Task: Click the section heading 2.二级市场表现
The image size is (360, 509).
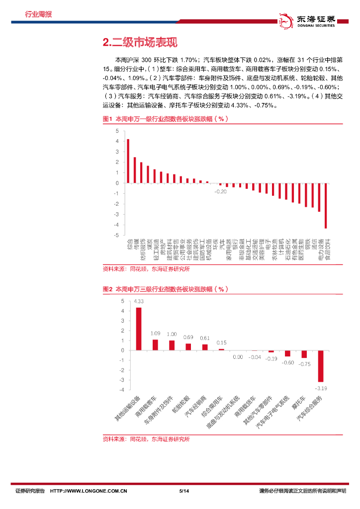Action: (140, 43)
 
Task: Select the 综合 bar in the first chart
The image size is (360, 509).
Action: (128, 161)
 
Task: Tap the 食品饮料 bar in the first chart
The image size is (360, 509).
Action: (326, 205)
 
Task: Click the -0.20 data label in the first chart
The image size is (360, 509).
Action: (221, 191)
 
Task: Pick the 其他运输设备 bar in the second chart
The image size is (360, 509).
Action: (139, 329)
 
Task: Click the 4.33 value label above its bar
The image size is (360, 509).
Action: (139, 301)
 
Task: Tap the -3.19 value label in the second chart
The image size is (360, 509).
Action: (321, 387)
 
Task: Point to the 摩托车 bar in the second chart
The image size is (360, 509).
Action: (304, 354)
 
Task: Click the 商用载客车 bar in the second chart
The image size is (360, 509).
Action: (155, 345)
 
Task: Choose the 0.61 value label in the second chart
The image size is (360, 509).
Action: (205, 338)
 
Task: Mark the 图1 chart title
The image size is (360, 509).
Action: (165, 119)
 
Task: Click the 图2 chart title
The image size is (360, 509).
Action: (165, 289)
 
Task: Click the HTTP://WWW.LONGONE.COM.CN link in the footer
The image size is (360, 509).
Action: (89, 491)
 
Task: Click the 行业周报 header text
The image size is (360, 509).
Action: (38, 14)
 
